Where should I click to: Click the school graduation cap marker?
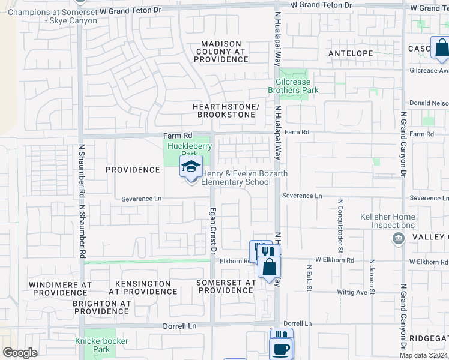[191, 167]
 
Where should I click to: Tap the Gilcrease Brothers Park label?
[297, 86]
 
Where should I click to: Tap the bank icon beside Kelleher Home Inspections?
[397, 239]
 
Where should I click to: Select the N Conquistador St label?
[340, 224]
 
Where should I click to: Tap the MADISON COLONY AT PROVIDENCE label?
[221, 52]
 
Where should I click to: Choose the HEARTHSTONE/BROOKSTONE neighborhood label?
[226, 110]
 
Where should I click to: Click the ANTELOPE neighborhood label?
[351, 53]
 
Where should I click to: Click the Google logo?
[20, 353]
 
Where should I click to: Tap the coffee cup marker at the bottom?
[280, 347]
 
